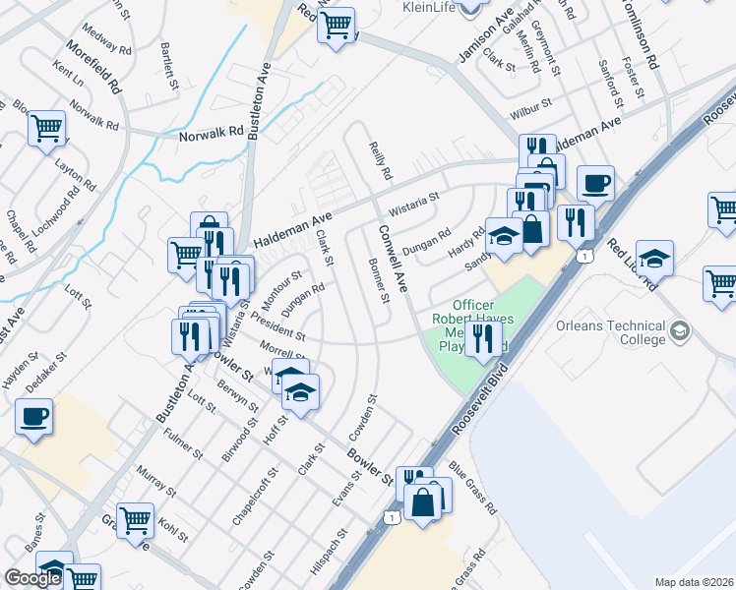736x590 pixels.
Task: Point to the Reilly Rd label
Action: (380, 159)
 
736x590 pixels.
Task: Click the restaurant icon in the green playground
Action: (481, 339)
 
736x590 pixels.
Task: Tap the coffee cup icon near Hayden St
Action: (33, 416)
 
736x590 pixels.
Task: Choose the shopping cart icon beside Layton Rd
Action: (46, 129)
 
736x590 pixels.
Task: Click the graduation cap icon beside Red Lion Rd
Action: (654, 260)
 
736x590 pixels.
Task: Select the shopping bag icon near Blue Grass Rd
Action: (423, 502)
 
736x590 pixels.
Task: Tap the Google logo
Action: (32, 578)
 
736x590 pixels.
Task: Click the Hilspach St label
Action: (330, 557)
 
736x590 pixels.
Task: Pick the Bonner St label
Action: (378, 280)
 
